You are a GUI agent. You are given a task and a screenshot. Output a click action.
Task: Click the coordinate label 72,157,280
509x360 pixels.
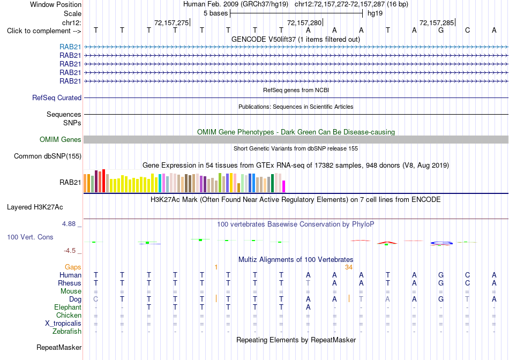pyautogui.click(x=304, y=22)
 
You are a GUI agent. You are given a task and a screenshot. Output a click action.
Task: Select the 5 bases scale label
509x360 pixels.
pyautogui.click(x=215, y=13)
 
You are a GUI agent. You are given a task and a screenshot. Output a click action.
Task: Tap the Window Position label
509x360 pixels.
pyautogui.click(x=56, y=4)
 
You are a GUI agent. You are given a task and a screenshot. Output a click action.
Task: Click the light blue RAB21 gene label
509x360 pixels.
pyautogui.click(x=70, y=47)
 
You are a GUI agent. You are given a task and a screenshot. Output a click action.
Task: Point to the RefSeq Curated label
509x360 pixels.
pyautogui.click(x=57, y=97)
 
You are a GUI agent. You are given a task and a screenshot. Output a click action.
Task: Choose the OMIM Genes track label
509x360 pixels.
pyautogui.click(x=61, y=140)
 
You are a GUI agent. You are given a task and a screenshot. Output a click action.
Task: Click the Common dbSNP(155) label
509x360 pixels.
pyautogui.click(x=48, y=156)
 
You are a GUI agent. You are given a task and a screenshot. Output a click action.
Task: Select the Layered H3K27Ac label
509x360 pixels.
pyautogui.click(x=35, y=207)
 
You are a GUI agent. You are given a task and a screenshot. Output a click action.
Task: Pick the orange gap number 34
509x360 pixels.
pyautogui.click(x=349, y=267)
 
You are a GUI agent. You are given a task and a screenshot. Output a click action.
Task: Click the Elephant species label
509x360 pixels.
pyautogui.click(x=68, y=307)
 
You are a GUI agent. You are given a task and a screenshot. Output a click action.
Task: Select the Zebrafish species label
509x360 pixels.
pyautogui.click(x=67, y=332)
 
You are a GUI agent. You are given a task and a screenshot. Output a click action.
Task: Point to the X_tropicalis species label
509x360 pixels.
pyautogui.click(x=63, y=324)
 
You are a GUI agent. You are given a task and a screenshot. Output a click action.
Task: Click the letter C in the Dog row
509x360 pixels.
pyautogui.click(x=95, y=299)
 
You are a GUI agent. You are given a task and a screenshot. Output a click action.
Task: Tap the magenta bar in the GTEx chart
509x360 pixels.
pyautogui.click(x=284, y=186)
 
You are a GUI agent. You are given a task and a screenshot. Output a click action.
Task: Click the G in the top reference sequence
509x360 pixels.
pyautogui.click(x=441, y=31)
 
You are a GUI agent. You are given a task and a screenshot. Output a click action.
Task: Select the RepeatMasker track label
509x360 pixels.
pyautogui.click(x=59, y=347)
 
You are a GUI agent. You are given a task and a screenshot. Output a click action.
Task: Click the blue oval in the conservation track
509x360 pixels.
pyautogui.click(x=441, y=243)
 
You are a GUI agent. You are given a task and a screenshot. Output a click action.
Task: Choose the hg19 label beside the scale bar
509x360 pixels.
pyautogui.click(x=375, y=13)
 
